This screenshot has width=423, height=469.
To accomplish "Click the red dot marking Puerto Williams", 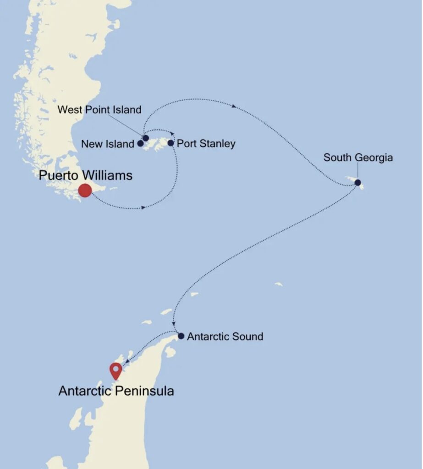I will [85, 190].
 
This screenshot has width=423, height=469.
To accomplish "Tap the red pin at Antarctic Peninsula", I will [115, 370].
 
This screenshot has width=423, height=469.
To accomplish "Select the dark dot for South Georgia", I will [357, 183].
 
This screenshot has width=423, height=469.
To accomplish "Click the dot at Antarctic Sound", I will [181, 336].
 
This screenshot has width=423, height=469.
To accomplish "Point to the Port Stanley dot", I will [170, 143].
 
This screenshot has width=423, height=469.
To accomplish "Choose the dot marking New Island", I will [140, 144].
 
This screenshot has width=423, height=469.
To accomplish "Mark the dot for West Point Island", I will [146, 138].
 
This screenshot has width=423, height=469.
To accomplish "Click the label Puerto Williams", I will [86, 175].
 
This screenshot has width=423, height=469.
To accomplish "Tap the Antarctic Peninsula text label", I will [116, 391].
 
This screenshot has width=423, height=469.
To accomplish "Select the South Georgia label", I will [358, 158].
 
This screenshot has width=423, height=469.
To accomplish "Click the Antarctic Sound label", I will [225, 337].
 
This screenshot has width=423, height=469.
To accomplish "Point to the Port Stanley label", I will [206, 144].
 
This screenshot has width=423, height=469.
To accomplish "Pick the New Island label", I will [107, 144].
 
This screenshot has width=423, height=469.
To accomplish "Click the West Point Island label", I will [99, 110].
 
